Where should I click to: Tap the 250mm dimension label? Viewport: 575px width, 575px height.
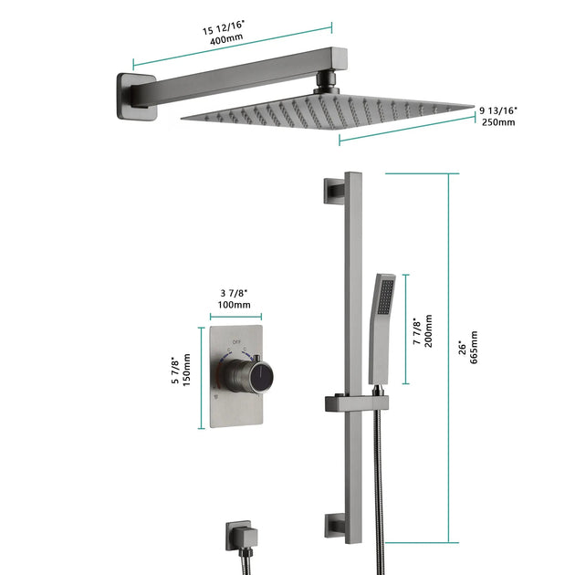tap(499, 122)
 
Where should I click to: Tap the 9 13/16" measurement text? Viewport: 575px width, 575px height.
tap(498, 110)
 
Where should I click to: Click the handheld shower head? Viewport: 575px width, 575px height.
tap(382, 319)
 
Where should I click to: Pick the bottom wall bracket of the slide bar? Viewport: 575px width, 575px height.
tap(330, 525)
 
